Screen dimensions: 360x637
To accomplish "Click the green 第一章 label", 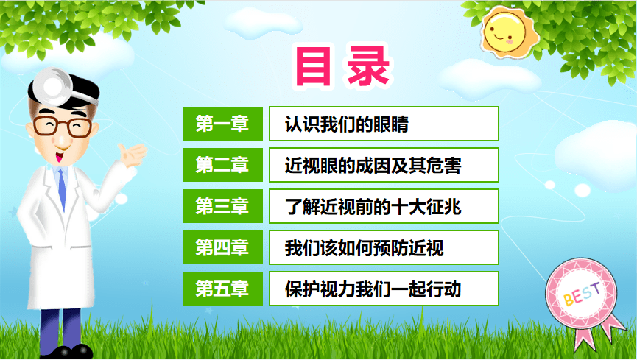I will pos(222,124).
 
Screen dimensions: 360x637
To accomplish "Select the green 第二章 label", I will pos(222,165).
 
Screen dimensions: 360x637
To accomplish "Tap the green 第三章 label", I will pos(222,206).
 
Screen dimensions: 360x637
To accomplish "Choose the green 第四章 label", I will pos(222,247).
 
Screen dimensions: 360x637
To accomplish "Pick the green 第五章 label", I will pos(222,289).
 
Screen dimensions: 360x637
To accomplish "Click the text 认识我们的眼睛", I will pos(346,124).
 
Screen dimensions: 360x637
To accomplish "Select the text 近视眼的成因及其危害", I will pos(373,165).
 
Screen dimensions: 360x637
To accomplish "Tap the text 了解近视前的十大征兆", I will pos(373,206).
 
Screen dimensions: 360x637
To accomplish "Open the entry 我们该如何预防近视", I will pos(364,247).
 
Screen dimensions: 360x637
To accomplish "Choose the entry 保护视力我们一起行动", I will pos(373,289).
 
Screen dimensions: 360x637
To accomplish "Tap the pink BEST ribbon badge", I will pos(582,295).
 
